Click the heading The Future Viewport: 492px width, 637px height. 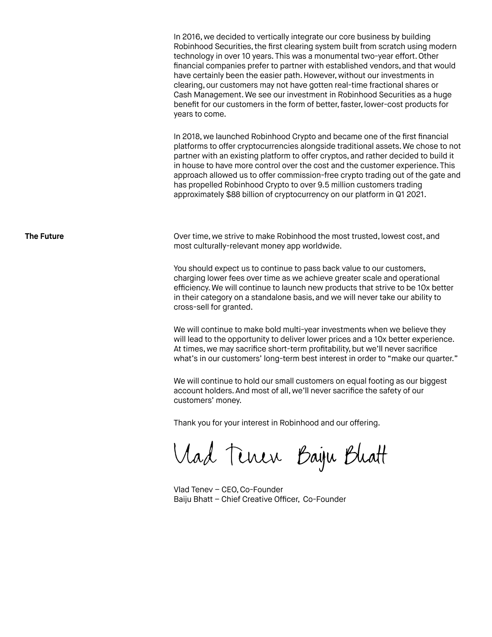[44, 236]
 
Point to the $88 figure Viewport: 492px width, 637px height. [233, 195]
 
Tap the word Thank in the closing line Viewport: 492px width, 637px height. [184, 423]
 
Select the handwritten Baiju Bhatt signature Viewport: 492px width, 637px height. [342, 457]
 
